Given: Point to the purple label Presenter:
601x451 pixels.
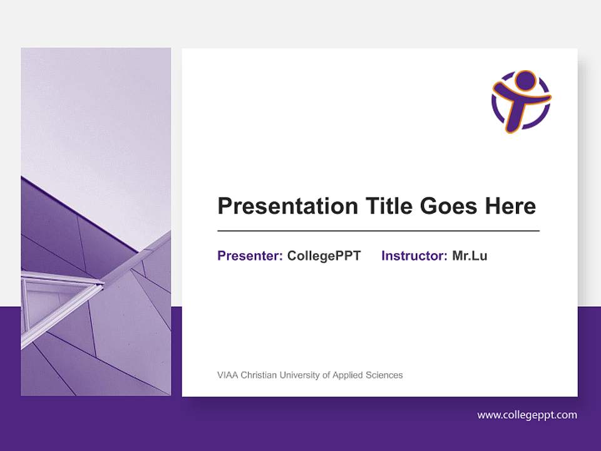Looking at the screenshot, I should pyautogui.click(x=250, y=256).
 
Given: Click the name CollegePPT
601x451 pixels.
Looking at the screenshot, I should pyautogui.click(x=324, y=256).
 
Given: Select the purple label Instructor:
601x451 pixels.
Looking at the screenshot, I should pyautogui.click(x=414, y=256).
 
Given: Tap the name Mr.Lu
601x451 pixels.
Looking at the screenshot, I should pyautogui.click(x=470, y=256).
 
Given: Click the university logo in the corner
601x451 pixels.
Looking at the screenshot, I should pyautogui.click(x=521, y=101).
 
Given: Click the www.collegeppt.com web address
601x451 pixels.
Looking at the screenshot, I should pyautogui.click(x=527, y=415).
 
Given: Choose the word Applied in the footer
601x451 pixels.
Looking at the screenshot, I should pyautogui.click(x=349, y=375).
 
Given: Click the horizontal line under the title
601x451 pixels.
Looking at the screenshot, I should pyautogui.click(x=378, y=231).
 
